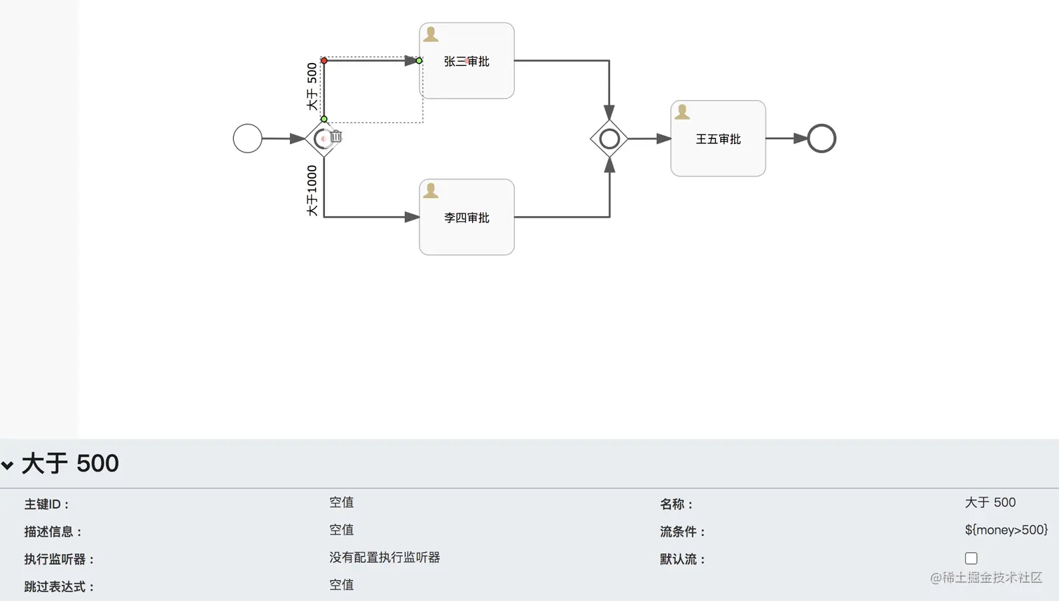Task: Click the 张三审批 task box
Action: pyautogui.click(x=466, y=60)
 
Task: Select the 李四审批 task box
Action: pyautogui.click(x=466, y=217)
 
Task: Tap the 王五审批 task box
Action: pyautogui.click(x=718, y=139)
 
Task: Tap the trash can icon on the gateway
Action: pyautogui.click(x=335, y=136)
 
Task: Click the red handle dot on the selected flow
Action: pyautogui.click(x=324, y=60)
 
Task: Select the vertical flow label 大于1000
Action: pyautogui.click(x=312, y=190)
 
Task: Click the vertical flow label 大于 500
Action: pyautogui.click(x=312, y=86)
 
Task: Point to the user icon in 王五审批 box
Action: pyautogui.click(x=681, y=112)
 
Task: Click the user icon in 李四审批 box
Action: pyautogui.click(x=430, y=190)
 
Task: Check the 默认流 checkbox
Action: pyautogui.click(x=971, y=558)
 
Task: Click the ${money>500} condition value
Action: pyautogui.click(x=1006, y=530)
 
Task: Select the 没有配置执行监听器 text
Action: pyautogui.click(x=385, y=558)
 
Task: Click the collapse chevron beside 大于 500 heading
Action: pyautogui.click(x=7, y=465)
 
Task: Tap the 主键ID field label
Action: pyautogui.click(x=46, y=504)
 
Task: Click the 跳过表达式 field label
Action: pyautogui.click(x=59, y=587)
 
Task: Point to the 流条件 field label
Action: pyautogui.click(x=682, y=532)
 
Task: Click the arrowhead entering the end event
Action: pyautogui.click(x=801, y=139)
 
